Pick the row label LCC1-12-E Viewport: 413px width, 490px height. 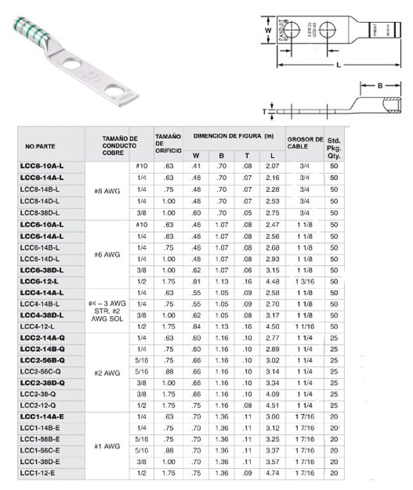tap(39, 474)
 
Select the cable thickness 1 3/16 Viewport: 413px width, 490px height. tap(304, 282)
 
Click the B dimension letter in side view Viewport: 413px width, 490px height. tap(380, 87)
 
